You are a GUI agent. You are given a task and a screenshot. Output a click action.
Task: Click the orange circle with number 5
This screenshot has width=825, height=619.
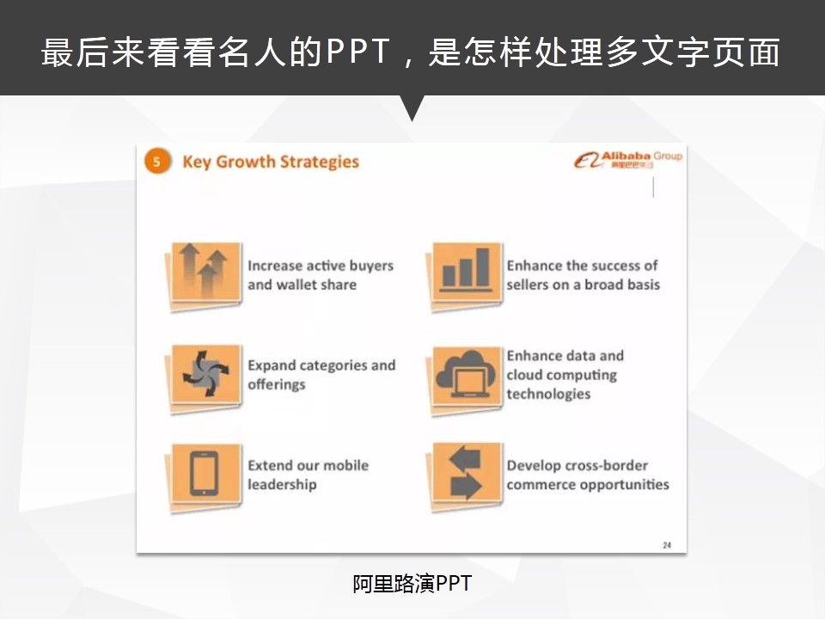click(157, 162)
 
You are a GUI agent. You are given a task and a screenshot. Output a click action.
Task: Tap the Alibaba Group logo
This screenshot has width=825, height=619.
click(627, 160)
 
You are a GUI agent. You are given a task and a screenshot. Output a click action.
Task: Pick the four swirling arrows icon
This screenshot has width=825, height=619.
click(205, 374)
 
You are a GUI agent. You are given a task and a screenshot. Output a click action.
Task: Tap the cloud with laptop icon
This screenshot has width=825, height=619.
click(466, 375)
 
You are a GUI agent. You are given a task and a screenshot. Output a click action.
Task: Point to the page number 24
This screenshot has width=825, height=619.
click(667, 545)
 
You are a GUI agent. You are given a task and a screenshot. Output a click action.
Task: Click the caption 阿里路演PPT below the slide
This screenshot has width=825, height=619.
click(412, 584)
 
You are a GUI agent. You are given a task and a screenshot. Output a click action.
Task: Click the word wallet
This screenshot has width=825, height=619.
click(296, 285)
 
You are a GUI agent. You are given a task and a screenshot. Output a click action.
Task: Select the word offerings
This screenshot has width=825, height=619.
click(277, 385)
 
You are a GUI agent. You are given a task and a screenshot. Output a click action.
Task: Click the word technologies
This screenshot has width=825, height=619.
click(549, 395)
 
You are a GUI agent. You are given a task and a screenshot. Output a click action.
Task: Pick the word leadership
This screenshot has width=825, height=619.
click(282, 485)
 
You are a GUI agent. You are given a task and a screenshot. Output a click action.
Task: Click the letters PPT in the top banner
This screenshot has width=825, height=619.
click(357, 52)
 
